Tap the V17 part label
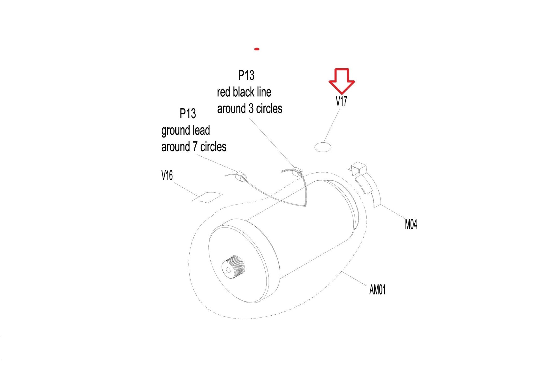pyautogui.click(x=341, y=101)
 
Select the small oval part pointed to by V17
pyautogui.click(x=323, y=147)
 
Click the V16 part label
pyautogui.click(x=167, y=175)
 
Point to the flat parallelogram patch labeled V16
pyautogui.click(x=207, y=197)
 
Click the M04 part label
pyautogui.click(x=411, y=224)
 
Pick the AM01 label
pyautogui.click(x=377, y=290)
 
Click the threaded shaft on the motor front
pyautogui.click(x=233, y=267)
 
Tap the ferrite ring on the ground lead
pyautogui.click(x=241, y=177)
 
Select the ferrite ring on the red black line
pyautogui.click(x=298, y=172)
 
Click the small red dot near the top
pyautogui.click(x=257, y=49)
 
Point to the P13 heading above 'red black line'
pyautogui.click(x=246, y=75)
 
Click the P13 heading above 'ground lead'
pyautogui.click(x=187, y=113)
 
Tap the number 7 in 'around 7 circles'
pyautogui.click(x=196, y=147)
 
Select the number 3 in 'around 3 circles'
pyautogui.click(x=251, y=109)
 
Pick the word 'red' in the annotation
pyautogui.click(x=223, y=92)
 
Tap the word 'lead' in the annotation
pyautogui.click(x=202, y=130)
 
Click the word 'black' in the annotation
pyautogui.click(x=243, y=92)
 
